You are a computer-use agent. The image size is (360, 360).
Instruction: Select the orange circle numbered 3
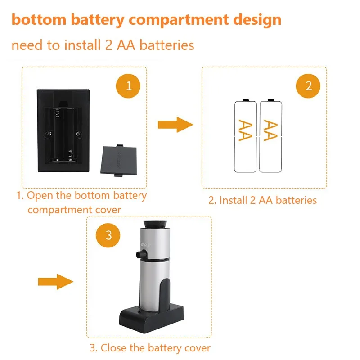[108, 234]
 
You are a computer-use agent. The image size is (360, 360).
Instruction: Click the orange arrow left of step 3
[55, 282]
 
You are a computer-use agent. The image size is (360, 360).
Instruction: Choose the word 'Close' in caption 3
[113, 348]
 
